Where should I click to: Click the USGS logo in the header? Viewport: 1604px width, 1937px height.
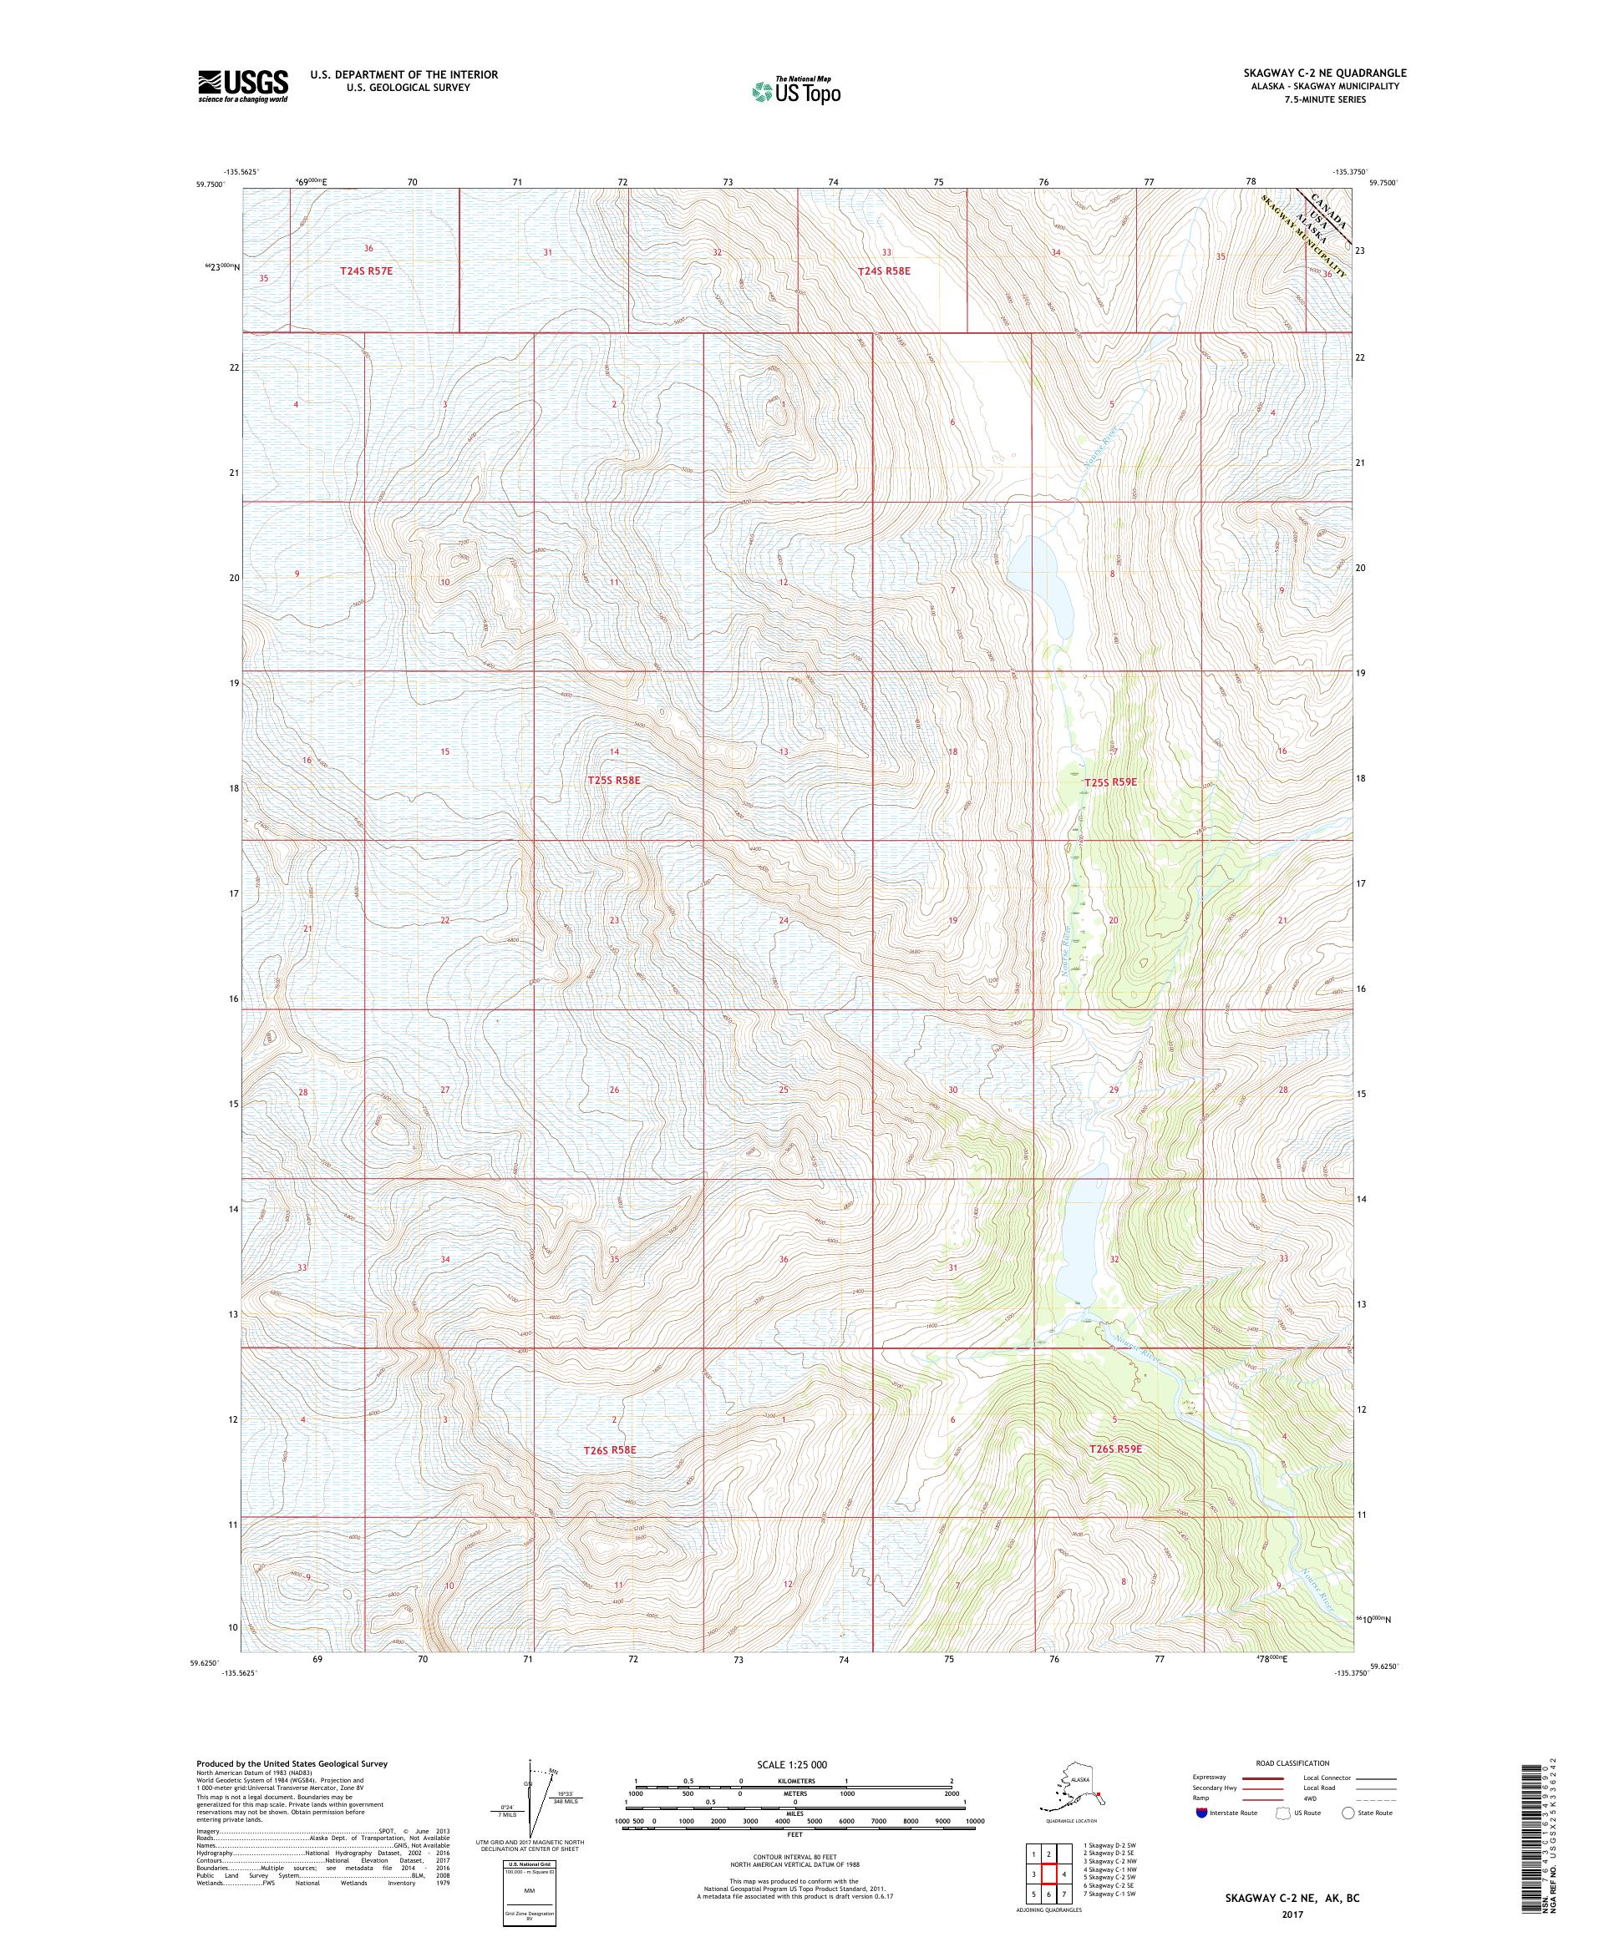tap(241, 86)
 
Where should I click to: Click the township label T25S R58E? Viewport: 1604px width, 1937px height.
tap(613, 781)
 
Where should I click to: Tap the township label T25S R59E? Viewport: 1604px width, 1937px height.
tap(1111, 782)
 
